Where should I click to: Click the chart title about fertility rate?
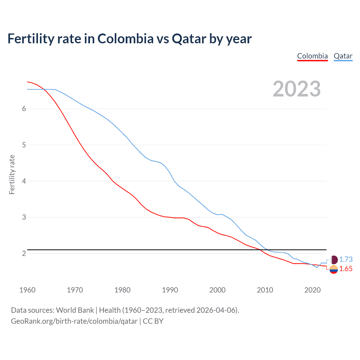[x=129, y=39]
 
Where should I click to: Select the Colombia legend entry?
[x=312, y=56]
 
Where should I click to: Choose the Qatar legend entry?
[x=343, y=56]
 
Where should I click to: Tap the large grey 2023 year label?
[x=296, y=89]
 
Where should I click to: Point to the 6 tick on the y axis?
[x=24, y=109]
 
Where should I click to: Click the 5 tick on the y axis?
[x=24, y=145]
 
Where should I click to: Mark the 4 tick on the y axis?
[x=24, y=181]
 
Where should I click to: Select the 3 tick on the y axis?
[x=24, y=217]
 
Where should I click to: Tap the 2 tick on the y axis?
[x=24, y=253]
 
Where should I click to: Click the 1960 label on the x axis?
[x=27, y=290]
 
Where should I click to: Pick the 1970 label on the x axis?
[x=75, y=290]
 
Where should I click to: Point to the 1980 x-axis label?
[x=122, y=290]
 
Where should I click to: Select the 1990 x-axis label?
[x=170, y=290]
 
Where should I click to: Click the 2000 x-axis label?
[x=217, y=290]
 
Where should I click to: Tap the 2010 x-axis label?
[x=265, y=290]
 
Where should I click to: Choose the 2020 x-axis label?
[x=312, y=290]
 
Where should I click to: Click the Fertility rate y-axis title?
[x=12, y=174]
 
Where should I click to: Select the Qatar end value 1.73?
[x=346, y=259]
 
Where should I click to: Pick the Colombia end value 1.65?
[x=346, y=269]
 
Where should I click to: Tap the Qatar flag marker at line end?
[x=334, y=260]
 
